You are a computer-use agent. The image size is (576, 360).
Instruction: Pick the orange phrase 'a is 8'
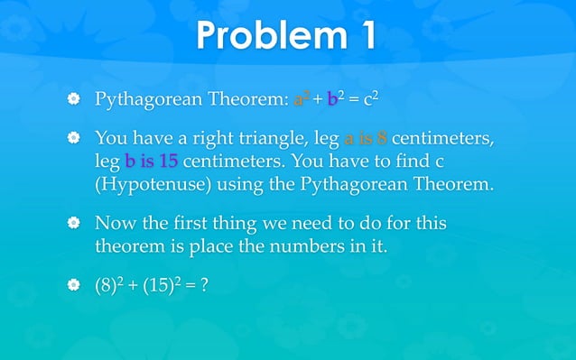coord(367,139)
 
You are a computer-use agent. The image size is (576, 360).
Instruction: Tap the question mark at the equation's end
coord(208,286)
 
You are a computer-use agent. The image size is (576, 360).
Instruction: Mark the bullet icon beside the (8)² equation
coord(75,286)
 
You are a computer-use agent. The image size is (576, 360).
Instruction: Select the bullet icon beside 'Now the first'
coord(75,222)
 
